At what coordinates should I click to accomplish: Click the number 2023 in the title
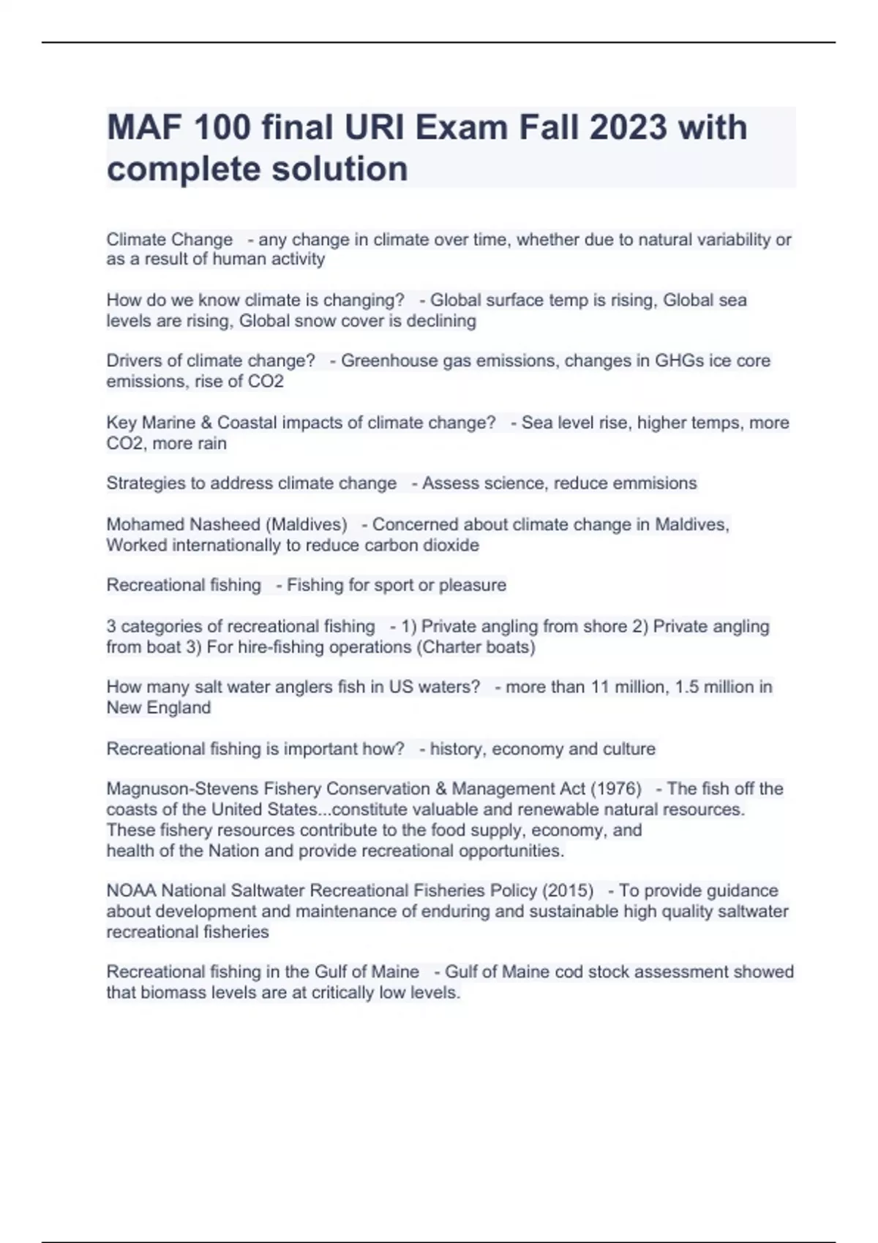pos(628,128)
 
